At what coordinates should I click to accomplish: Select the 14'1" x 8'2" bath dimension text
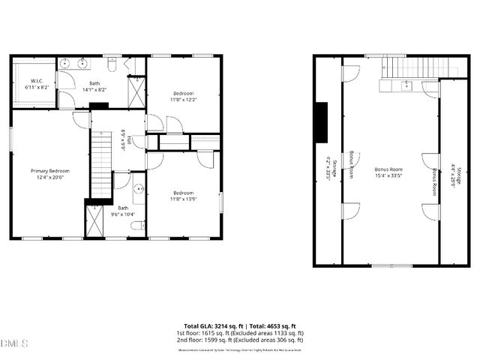[94, 89]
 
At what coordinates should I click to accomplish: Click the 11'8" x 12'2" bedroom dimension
[183, 99]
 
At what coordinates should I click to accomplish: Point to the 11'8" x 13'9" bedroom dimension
[183, 197]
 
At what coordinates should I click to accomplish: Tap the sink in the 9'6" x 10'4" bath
[139, 188]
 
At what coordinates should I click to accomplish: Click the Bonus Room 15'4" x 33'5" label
[388, 173]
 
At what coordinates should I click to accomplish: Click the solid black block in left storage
[321, 121]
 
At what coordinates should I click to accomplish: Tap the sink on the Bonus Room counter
[406, 85]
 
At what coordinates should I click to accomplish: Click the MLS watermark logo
[14, 343]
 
